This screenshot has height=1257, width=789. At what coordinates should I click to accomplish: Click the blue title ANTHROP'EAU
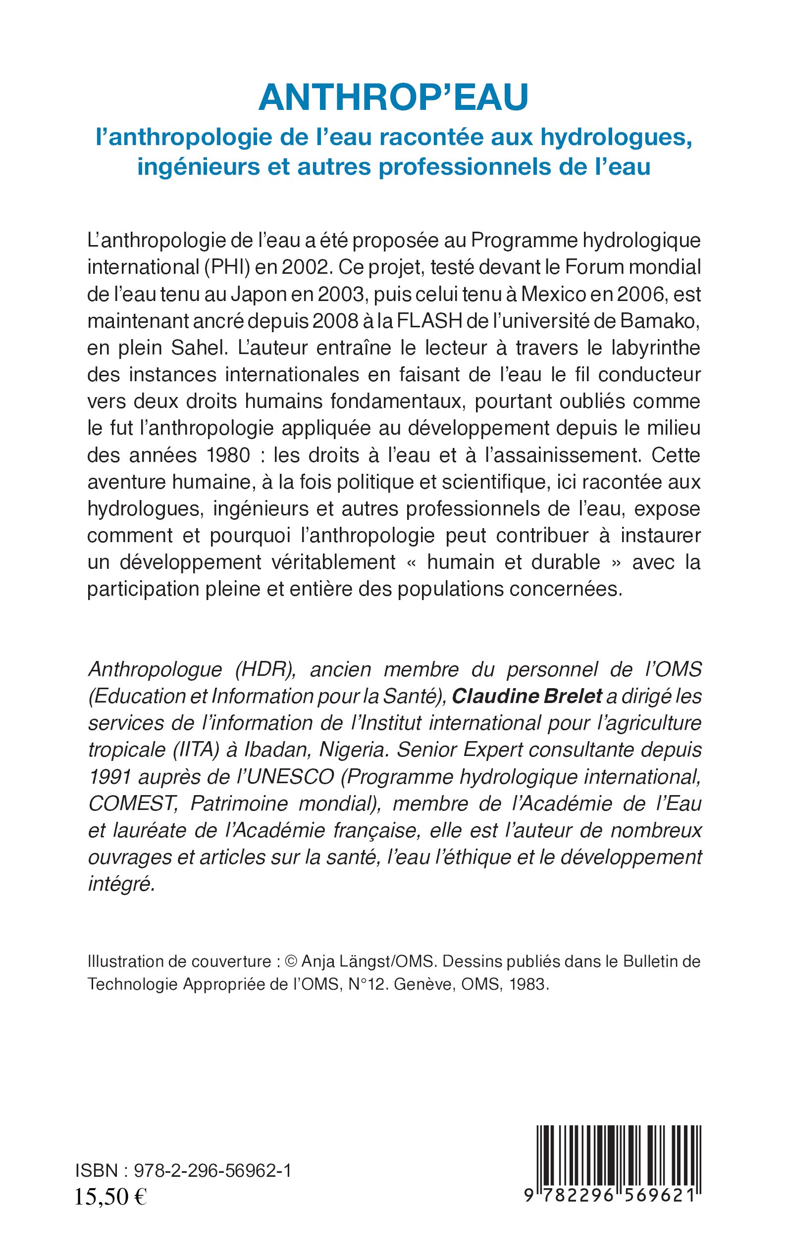(x=393, y=98)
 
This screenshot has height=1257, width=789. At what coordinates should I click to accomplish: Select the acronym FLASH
(x=429, y=321)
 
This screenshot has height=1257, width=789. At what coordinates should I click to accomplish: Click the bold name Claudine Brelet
(x=526, y=696)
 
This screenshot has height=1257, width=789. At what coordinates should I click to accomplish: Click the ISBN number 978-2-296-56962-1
(x=212, y=1171)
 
